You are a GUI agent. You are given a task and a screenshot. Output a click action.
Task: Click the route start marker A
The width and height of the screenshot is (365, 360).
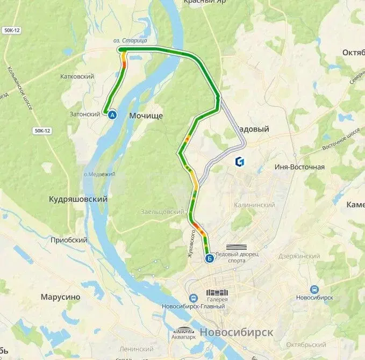click(x=112, y=114)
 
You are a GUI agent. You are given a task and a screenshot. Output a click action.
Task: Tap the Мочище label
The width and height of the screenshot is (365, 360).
click(x=146, y=116)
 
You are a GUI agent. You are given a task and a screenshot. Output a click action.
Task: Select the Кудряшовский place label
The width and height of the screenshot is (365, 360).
click(x=78, y=199)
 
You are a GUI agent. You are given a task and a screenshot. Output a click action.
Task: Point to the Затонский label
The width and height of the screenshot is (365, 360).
click(x=85, y=114)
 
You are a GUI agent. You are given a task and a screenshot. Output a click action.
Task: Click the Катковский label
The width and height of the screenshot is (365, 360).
click(x=78, y=76)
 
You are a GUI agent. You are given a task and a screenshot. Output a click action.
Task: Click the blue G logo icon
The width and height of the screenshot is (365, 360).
click(x=240, y=161)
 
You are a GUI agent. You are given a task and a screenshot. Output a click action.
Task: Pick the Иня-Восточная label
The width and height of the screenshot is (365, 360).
click(x=299, y=167)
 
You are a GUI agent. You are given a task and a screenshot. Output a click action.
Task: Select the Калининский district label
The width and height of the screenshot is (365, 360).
click(x=254, y=205)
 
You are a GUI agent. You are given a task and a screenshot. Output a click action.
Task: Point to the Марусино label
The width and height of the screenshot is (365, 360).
click(x=60, y=297)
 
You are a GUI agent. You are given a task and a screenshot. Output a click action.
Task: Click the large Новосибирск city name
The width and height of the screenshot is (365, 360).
click(x=236, y=332)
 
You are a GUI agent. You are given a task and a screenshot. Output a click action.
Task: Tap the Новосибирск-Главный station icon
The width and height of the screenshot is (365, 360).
click(x=192, y=298)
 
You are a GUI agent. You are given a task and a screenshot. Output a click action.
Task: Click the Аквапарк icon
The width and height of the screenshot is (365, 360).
click(x=183, y=330)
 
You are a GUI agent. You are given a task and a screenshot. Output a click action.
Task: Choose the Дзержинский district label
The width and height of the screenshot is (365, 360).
click(x=299, y=256)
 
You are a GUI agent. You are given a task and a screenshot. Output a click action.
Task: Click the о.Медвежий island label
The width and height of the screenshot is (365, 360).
click(x=96, y=174)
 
